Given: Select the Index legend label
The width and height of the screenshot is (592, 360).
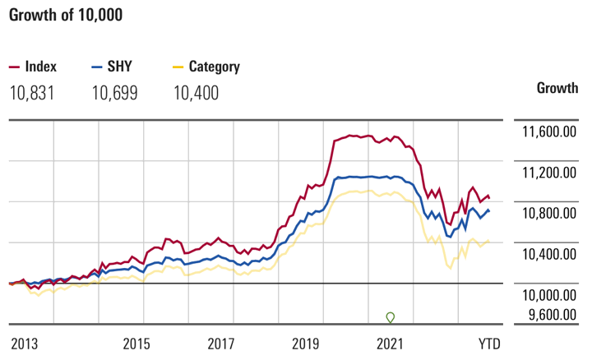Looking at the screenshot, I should coord(41,67).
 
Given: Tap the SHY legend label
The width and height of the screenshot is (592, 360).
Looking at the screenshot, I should coord(120,67).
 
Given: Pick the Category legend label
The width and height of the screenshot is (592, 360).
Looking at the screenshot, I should coord(214,67).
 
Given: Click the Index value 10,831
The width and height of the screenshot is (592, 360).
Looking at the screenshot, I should coord(32,93).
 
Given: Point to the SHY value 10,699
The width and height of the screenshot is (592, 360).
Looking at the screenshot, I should coord(114,93).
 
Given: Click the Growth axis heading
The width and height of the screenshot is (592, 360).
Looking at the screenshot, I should coord(557,88).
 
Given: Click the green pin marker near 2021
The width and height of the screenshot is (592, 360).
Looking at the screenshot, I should coord(391,317).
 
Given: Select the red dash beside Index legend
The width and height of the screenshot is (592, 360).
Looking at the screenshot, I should coord(14,67).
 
